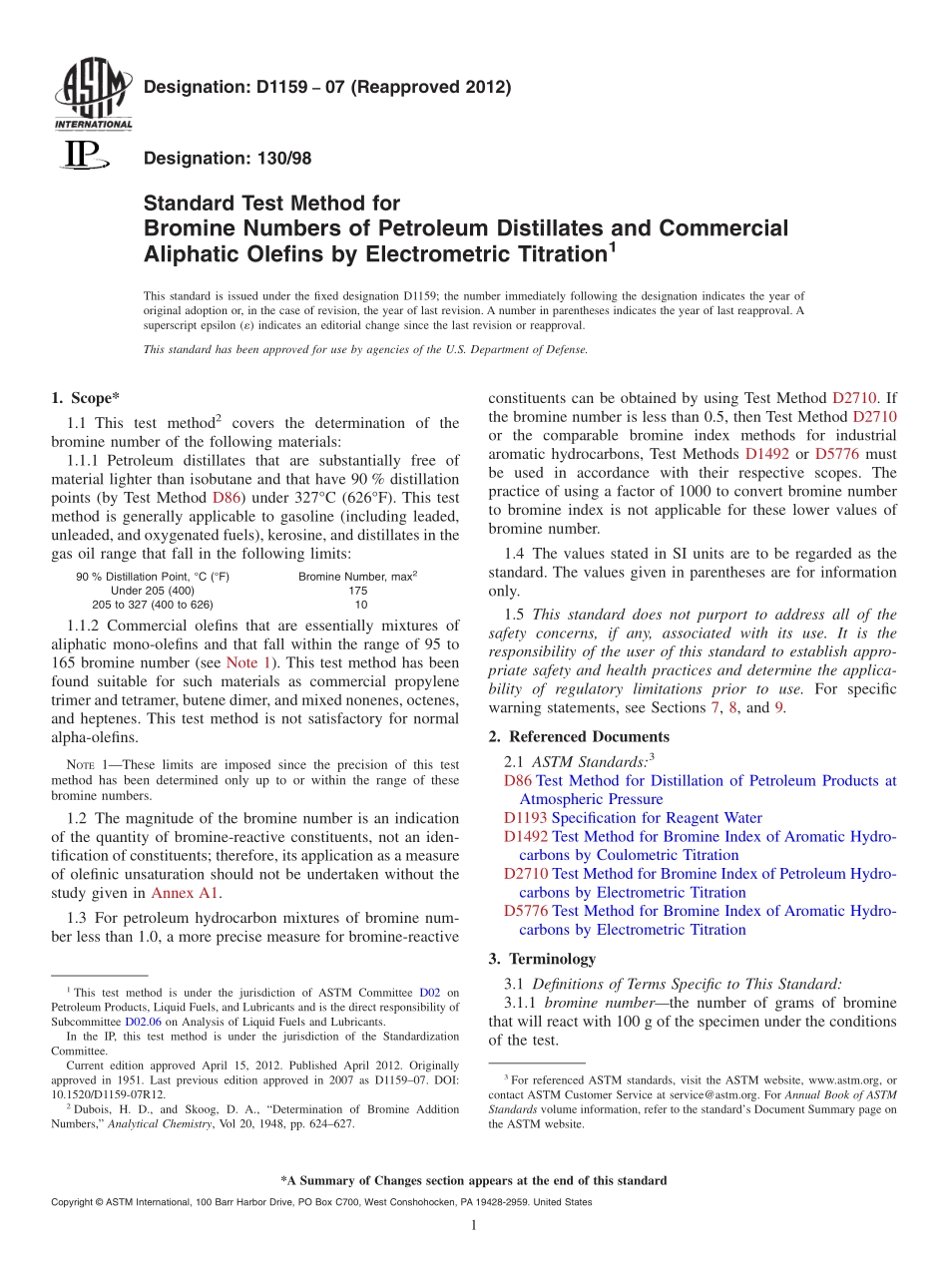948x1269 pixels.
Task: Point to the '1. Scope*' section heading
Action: (x=86, y=397)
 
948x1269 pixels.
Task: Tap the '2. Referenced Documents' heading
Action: (x=579, y=737)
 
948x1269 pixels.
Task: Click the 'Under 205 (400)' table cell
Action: (x=153, y=591)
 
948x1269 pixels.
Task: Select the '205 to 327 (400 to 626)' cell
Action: (x=153, y=605)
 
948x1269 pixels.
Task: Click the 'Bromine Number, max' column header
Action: (x=356, y=577)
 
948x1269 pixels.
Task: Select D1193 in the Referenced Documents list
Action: (x=526, y=818)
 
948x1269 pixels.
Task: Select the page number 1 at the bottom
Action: (x=474, y=1225)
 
